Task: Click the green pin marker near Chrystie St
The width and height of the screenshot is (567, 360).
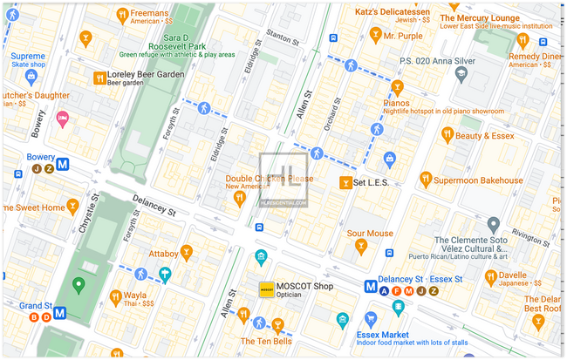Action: point(78,283)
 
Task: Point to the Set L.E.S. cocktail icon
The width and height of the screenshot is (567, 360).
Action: point(345,183)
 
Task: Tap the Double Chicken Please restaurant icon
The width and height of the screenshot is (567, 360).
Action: point(239,200)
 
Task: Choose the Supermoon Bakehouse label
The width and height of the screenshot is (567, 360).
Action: point(478,180)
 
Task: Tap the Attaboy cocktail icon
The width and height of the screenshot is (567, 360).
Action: point(187,254)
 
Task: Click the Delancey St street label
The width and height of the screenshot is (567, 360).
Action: point(154,210)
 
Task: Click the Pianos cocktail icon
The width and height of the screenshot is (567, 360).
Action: point(397,88)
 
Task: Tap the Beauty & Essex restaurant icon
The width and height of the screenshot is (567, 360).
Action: point(447,134)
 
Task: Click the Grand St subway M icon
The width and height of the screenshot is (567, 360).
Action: point(60,312)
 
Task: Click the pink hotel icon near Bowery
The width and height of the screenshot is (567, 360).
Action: point(62,118)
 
